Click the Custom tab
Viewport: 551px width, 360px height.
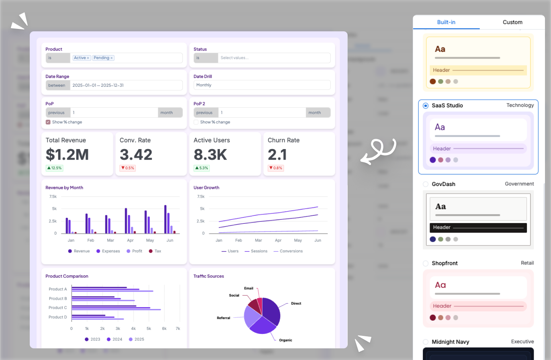pos(512,22)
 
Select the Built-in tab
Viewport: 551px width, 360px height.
pos(446,22)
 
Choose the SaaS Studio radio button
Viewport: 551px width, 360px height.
pos(426,106)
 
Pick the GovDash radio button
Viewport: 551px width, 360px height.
pos(426,184)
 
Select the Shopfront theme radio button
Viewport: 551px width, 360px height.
pos(426,263)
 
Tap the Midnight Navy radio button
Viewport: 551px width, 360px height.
pos(426,342)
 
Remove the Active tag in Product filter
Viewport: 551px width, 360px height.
pos(88,58)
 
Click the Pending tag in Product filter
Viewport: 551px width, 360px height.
pos(102,58)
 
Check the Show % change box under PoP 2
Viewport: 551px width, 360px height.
pos(196,122)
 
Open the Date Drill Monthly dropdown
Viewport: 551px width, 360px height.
pos(262,85)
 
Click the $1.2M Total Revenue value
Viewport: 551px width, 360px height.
pos(67,155)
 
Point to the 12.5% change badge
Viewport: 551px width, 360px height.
pos(54,168)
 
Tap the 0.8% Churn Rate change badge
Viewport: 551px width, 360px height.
pos(276,168)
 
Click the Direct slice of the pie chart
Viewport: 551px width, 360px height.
pos(271,311)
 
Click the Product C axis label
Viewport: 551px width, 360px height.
pos(58,308)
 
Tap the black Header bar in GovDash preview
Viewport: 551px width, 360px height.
pos(478,227)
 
